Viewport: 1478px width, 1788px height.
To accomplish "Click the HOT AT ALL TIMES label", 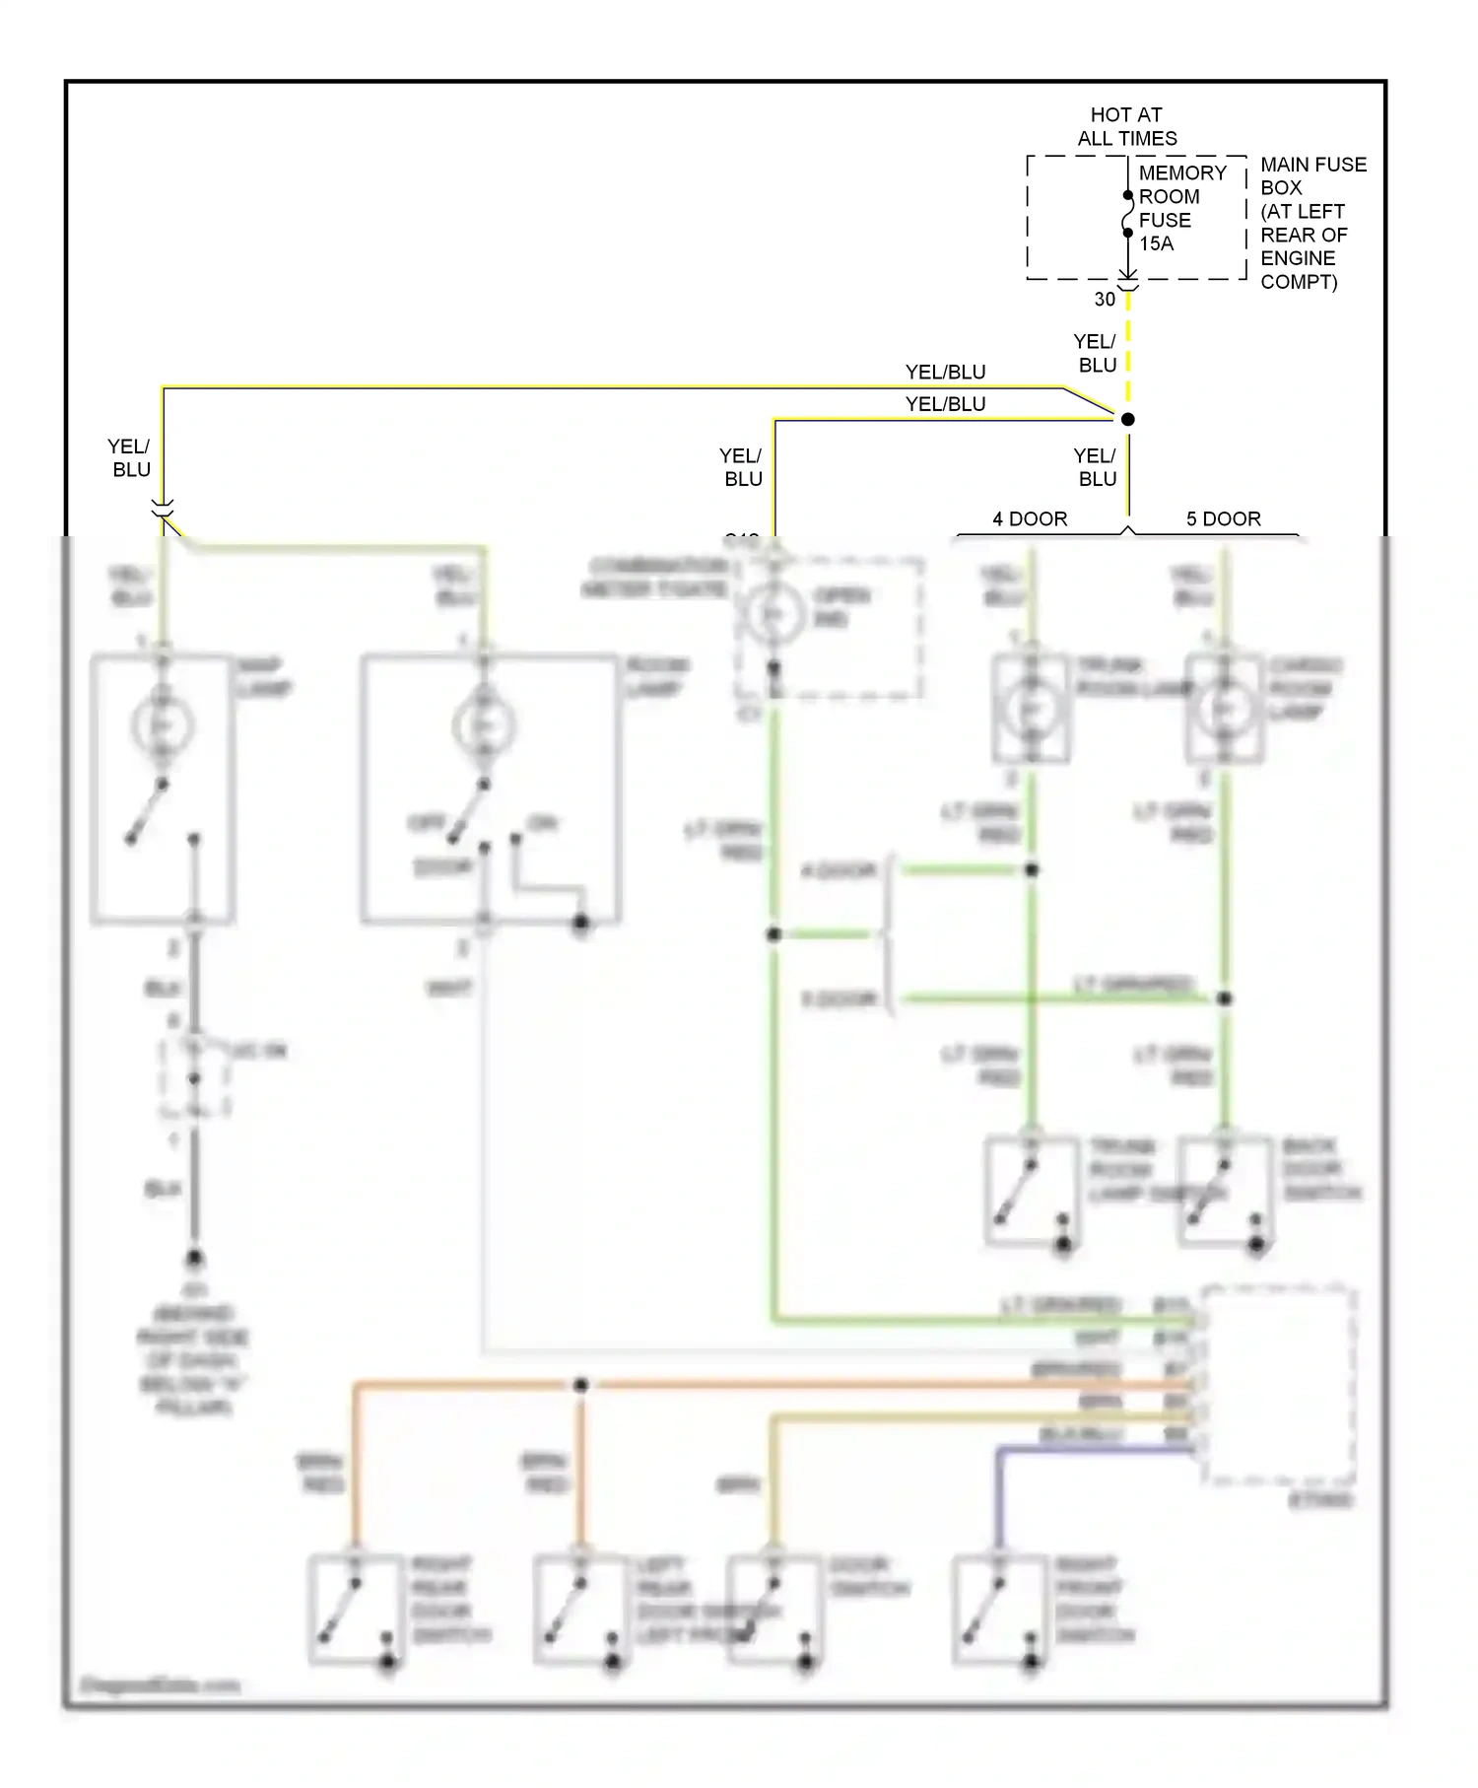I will (x=1126, y=126).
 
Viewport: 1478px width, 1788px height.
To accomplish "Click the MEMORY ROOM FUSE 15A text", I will (x=1181, y=208).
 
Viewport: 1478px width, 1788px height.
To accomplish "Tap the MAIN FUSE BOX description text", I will (x=1311, y=223).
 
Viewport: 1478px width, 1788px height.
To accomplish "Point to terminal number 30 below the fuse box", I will (x=1105, y=300).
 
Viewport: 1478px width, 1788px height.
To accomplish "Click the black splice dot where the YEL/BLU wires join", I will (x=1128, y=419).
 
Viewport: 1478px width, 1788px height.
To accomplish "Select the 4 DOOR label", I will (x=1030, y=518).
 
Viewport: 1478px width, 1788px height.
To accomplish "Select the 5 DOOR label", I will (x=1223, y=518).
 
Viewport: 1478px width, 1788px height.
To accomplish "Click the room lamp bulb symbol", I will (x=484, y=726).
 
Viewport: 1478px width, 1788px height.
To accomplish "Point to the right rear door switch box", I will (x=355, y=1610).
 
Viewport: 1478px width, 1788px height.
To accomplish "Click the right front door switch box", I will (x=999, y=1610).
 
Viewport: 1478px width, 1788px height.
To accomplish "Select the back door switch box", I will (x=1225, y=1191).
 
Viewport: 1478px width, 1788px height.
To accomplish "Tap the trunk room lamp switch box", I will (x=1032, y=1191).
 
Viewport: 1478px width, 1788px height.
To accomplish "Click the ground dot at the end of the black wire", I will (x=194, y=1259).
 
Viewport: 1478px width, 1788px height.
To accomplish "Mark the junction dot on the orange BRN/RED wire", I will (x=580, y=1385).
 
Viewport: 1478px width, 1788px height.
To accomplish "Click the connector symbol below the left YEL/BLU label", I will (x=163, y=509).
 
